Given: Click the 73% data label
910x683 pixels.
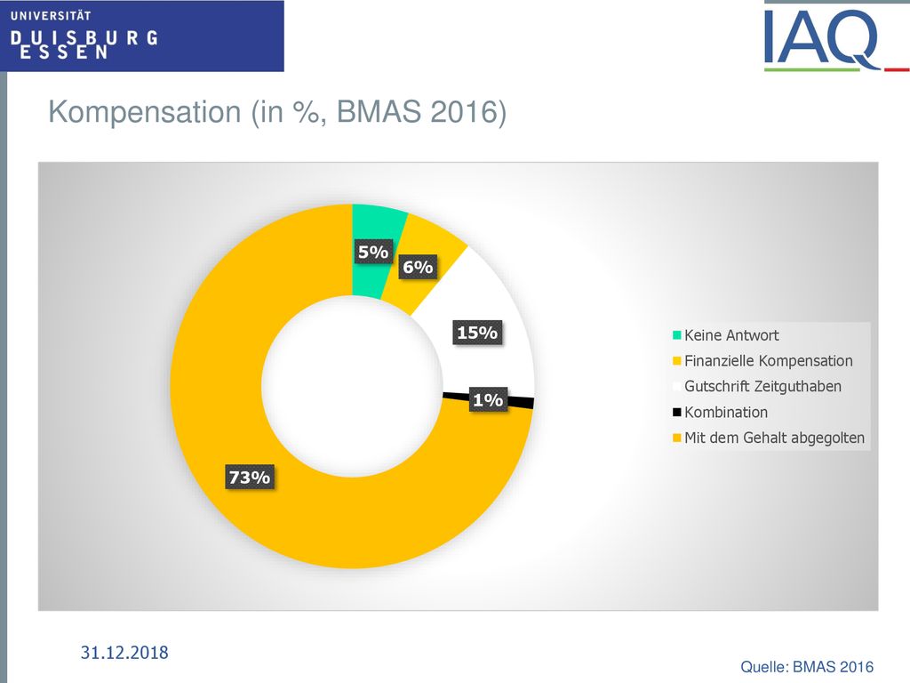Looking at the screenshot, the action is pyautogui.click(x=250, y=477).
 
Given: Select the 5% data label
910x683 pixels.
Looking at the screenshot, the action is pyautogui.click(x=373, y=252).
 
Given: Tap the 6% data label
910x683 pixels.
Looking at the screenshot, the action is pyautogui.click(x=418, y=267).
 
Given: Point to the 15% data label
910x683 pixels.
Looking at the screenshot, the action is pyautogui.click(x=477, y=333).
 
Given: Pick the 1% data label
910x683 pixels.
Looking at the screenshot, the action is pyautogui.click(x=488, y=399).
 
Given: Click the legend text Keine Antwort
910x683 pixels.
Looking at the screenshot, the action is pyautogui.click(x=731, y=335).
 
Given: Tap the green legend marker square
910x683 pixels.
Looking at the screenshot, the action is pyautogui.click(x=676, y=335).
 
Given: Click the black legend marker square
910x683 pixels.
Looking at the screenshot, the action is pyautogui.click(x=676, y=413).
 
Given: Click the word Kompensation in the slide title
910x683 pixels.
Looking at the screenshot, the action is pyautogui.click(x=145, y=111).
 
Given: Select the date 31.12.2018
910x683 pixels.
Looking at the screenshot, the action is pyautogui.click(x=124, y=652).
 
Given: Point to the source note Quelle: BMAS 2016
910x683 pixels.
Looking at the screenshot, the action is pyautogui.click(x=807, y=667).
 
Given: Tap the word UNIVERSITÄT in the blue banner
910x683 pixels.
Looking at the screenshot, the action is pyautogui.click(x=51, y=16).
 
